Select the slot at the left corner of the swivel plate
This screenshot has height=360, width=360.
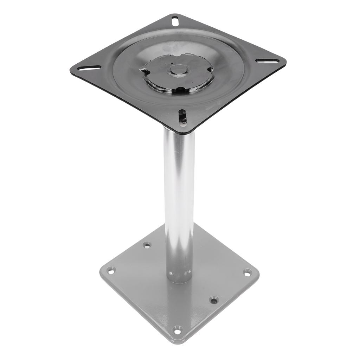click(89, 67)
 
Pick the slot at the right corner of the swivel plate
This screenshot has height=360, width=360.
click(267, 61)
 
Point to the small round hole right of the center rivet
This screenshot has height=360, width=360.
click(210, 70)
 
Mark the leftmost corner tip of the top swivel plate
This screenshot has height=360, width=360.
click(71, 69)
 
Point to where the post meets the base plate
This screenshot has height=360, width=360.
click(179, 279)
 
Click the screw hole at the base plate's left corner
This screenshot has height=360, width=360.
click(111, 270)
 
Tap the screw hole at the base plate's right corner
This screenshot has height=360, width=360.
click(247, 272)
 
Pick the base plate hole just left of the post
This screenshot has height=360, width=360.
click(147, 245)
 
